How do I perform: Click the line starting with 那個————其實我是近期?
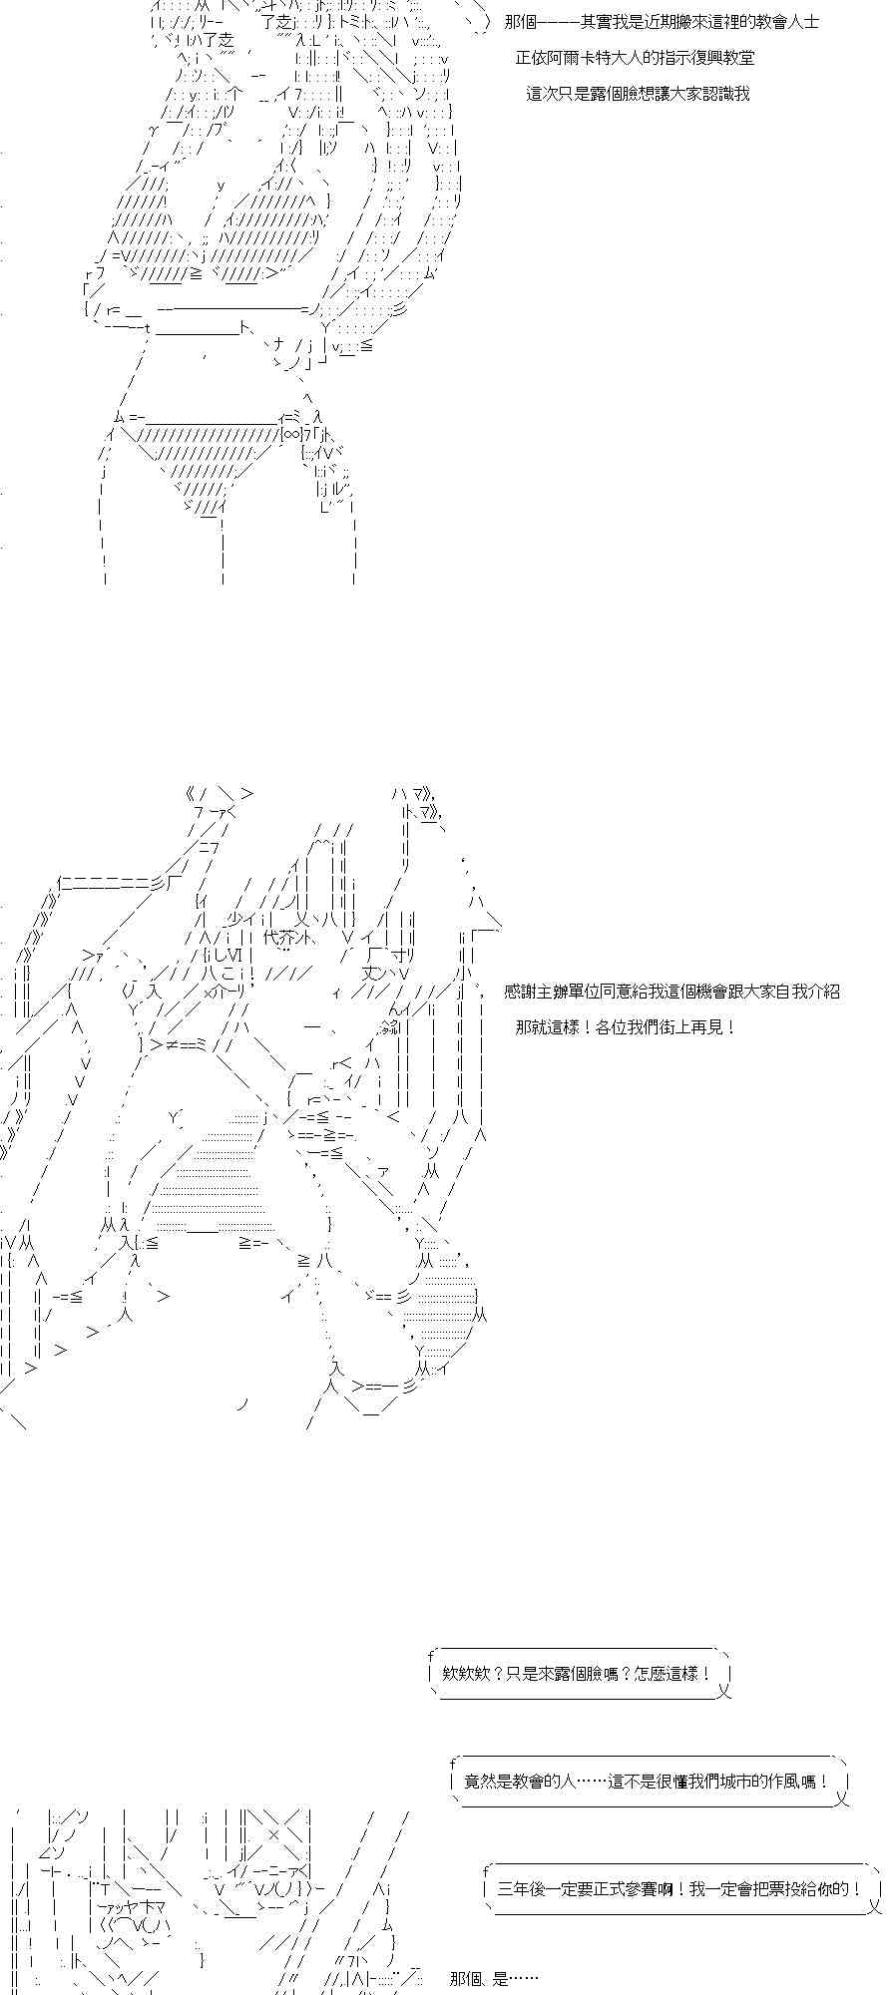pyautogui.click(x=663, y=22)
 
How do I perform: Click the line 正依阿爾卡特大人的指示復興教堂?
pyautogui.click(x=635, y=58)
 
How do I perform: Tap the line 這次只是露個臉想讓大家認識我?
pyautogui.click(x=638, y=94)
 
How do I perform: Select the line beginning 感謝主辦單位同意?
pyautogui.click(x=672, y=992)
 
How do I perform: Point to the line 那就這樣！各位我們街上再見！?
pyautogui.click(x=626, y=1027)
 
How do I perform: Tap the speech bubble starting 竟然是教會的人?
pyautogui.click(x=648, y=1781)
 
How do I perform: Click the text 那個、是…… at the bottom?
pyautogui.click(x=494, y=1978)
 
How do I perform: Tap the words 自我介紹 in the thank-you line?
pyautogui.click(x=805, y=992)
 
